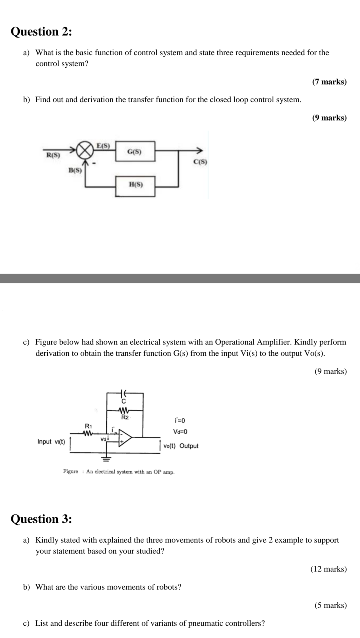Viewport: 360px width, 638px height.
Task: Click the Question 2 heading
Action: pyautogui.click(x=41, y=32)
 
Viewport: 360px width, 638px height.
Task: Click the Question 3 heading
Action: pyautogui.click(x=41, y=519)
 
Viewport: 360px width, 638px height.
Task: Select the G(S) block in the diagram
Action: pyautogui.click(x=135, y=152)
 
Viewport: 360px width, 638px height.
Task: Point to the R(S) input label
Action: pyautogui.click(x=53, y=155)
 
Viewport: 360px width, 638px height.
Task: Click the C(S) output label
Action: pyautogui.click(x=200, y=162)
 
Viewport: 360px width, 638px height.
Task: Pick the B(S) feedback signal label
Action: pyautogui.click(x=75, y=170)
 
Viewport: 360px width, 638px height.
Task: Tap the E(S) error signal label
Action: pyautogui.click(x=103, y=145)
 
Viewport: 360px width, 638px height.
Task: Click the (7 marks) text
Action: pyautogui.click(x=329, y=82)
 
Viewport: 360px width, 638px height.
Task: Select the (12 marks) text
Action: pyautogui.click(x=329, y=569)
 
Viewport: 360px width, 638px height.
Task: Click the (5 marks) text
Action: pyautogui.click(x=331, y=605)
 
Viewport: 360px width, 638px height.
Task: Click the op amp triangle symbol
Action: pyautogui.click(x=125, y=438)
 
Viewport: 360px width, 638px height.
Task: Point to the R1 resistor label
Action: pyautogui.click(x=89, y=426)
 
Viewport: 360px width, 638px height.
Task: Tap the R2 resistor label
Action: pyautogui.click(x=125, y=417)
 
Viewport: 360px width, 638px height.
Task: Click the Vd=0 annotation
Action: pyautogui.click(x=180, y=432)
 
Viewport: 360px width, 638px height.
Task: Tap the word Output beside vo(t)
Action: pyautogui.click(x=189, y=446)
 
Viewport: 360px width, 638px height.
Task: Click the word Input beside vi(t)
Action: pyautogui.click(x=44, y=442)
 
